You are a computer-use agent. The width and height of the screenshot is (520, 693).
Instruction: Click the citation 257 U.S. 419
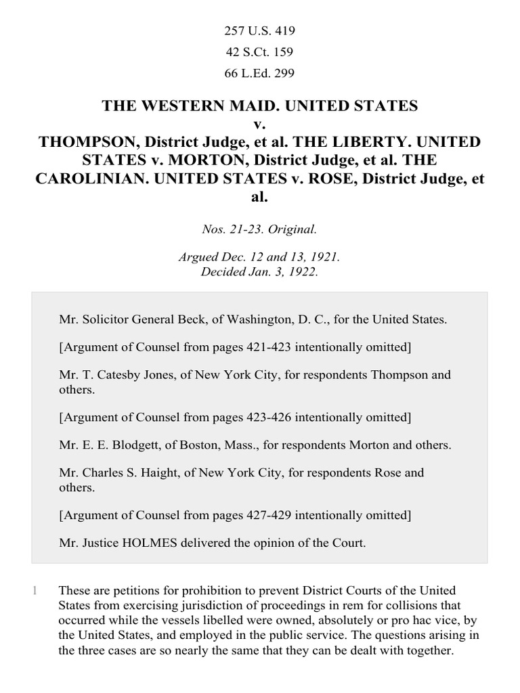pyautogui.click(x=260, y=30)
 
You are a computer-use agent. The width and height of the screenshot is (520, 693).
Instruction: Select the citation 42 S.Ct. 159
pyautogui.click(x=260, y=51)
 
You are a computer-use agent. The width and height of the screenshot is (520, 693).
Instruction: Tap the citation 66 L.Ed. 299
pyautogui.click(x=260, y=72)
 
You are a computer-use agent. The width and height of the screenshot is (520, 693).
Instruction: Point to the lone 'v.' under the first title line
pyautogui.click(x=260, y=125)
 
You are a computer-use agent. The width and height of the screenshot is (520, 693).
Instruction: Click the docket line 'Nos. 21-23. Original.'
pyautogui.click(x=260, y=229)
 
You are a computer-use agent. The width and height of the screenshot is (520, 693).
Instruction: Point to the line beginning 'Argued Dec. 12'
pyautogui.click(x=260, y=258)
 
